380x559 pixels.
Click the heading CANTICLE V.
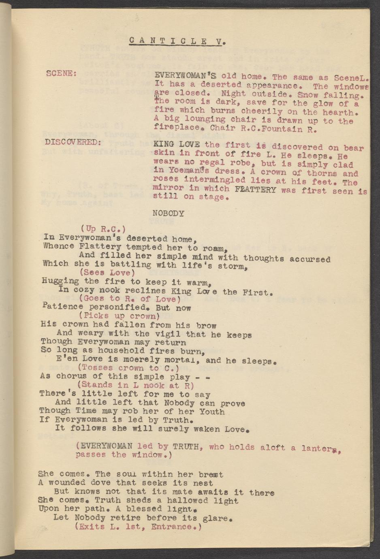[177, 41]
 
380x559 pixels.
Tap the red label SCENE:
[61, 74]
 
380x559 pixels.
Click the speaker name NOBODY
[169, 213]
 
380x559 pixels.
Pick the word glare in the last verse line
[221, 518]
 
